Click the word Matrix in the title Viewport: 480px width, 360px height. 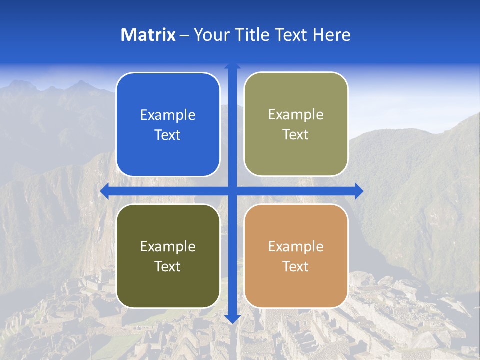click(148, 35)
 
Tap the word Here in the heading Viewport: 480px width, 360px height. click(331, 35)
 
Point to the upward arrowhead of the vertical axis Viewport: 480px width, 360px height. click(232, 65)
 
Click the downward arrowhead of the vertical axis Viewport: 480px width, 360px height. click(232, 318)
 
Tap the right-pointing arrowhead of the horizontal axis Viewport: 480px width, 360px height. click(359, 191)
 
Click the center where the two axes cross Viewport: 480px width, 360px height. click(232, 191)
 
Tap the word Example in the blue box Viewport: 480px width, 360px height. click(168, 115)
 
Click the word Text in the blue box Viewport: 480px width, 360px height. click(168, 135)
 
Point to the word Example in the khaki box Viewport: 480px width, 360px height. click(296, 115)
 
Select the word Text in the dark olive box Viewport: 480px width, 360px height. click(168, 267)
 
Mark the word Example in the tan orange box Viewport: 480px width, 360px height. click(296, 246)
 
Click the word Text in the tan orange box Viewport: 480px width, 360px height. click(296, 267)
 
